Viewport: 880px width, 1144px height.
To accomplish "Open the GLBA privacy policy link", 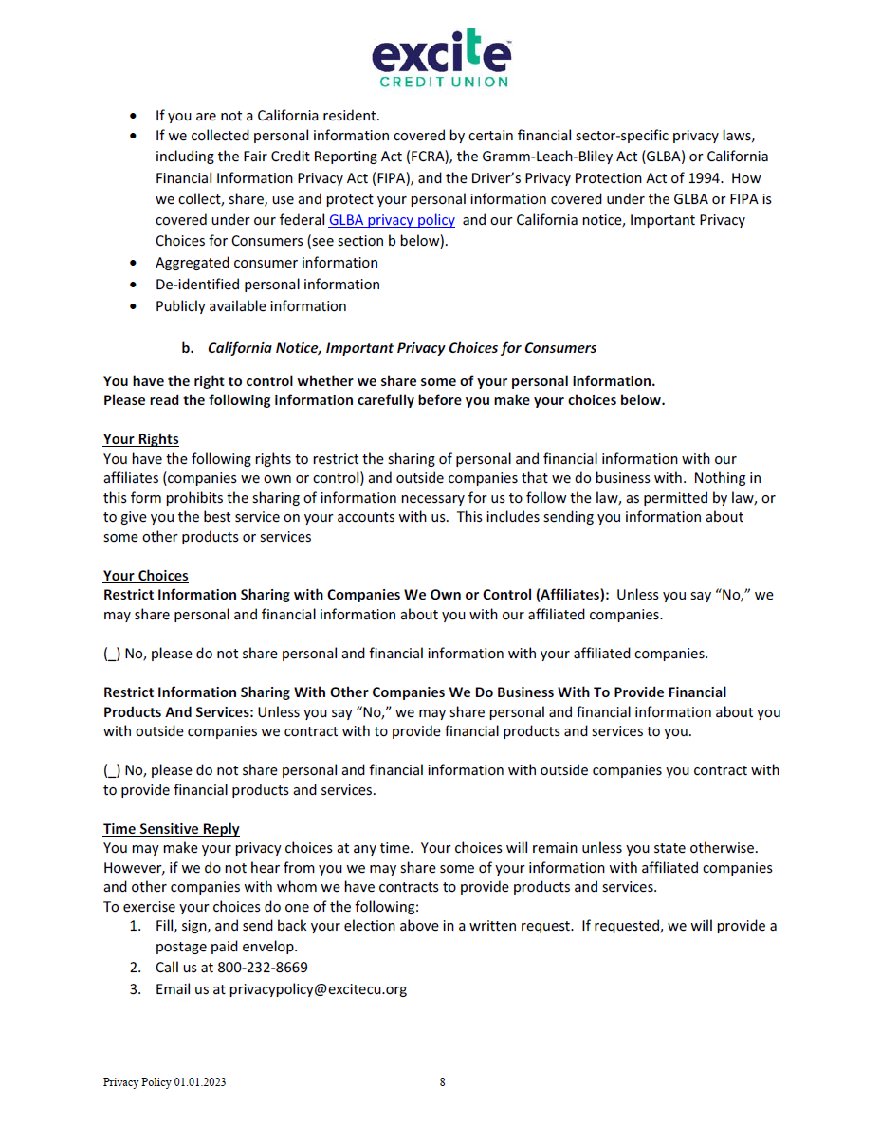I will click(x=392, y=220).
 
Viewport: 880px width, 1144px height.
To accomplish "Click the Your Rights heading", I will click(x=140, y=439).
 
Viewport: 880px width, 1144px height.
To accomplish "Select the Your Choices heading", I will click(x=145, y=576).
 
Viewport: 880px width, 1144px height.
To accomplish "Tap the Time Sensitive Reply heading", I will click(x=171, y=829).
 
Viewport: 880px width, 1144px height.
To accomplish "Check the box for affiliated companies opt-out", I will click(x=112, y=654).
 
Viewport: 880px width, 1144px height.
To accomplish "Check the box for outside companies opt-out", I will click(x=112, y=770).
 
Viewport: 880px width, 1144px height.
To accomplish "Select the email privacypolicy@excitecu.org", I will click(x=318, y=989).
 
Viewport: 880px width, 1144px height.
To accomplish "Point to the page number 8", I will click(x=442, y=1082).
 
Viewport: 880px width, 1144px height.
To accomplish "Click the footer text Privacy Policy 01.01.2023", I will click(x=164, y=1082).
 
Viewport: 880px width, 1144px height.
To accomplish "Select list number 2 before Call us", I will click(x=136, y=968).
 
